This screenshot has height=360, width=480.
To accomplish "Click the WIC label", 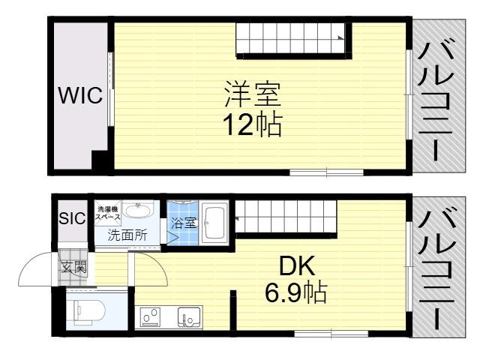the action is [80, 95].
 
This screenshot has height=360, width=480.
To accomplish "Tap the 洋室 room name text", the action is [252, 94].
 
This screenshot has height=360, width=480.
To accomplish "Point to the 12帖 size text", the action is [252, 125].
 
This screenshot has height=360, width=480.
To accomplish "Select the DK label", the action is [297, 266].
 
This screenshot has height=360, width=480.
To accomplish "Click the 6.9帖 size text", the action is [296, 292].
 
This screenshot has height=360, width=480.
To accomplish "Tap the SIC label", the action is [72, 218].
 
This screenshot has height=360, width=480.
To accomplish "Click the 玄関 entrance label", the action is [73, 268].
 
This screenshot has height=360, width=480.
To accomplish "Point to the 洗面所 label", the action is [127, 235].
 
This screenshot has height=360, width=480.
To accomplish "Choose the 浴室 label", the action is [183, 223].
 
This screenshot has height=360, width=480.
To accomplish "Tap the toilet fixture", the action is [89, 312].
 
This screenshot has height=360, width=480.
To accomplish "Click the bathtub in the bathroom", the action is [215, 223].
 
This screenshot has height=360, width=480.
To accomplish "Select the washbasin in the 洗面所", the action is [139, 211].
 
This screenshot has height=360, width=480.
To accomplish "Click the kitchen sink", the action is [190, 317].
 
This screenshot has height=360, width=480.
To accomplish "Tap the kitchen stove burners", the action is [150, 317].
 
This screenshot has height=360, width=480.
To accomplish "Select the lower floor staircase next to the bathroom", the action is [286, 217].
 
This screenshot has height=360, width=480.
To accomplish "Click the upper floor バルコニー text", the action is [435, 101].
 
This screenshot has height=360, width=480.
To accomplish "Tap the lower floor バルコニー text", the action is [435, 268].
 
